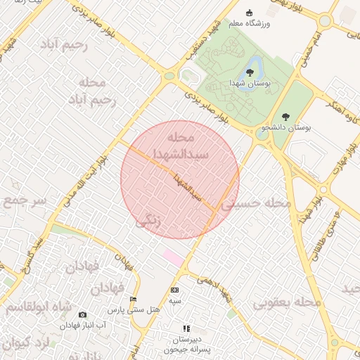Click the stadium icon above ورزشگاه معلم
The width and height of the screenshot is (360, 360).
248,13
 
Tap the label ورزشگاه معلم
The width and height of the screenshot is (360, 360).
248,23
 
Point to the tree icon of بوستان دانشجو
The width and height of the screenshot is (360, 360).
285,117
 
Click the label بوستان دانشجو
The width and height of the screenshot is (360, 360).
285,128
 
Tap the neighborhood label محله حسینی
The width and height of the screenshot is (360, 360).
256,203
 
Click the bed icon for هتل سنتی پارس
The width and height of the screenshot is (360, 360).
133,300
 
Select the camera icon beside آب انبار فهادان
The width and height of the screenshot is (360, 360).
82,315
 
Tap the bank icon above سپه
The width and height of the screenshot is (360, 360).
174,290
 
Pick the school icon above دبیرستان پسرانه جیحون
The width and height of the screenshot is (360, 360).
186,328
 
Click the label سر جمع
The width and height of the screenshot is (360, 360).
23,202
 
